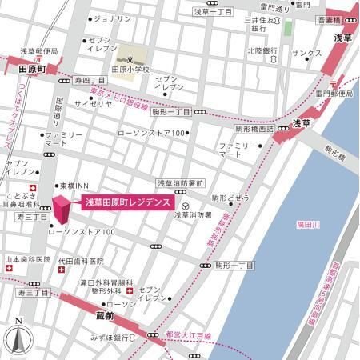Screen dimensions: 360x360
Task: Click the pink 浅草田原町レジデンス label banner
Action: click(127, 203)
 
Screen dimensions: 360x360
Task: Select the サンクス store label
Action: click(306, 53)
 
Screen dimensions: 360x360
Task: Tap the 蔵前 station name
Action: click(93, 318)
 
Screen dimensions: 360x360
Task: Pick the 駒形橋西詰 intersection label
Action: click(254, 128)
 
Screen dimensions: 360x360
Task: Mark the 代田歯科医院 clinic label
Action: click(80, 261)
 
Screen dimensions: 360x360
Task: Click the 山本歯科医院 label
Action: click(27, 261)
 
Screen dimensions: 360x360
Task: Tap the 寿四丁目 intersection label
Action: click(89, 81)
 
